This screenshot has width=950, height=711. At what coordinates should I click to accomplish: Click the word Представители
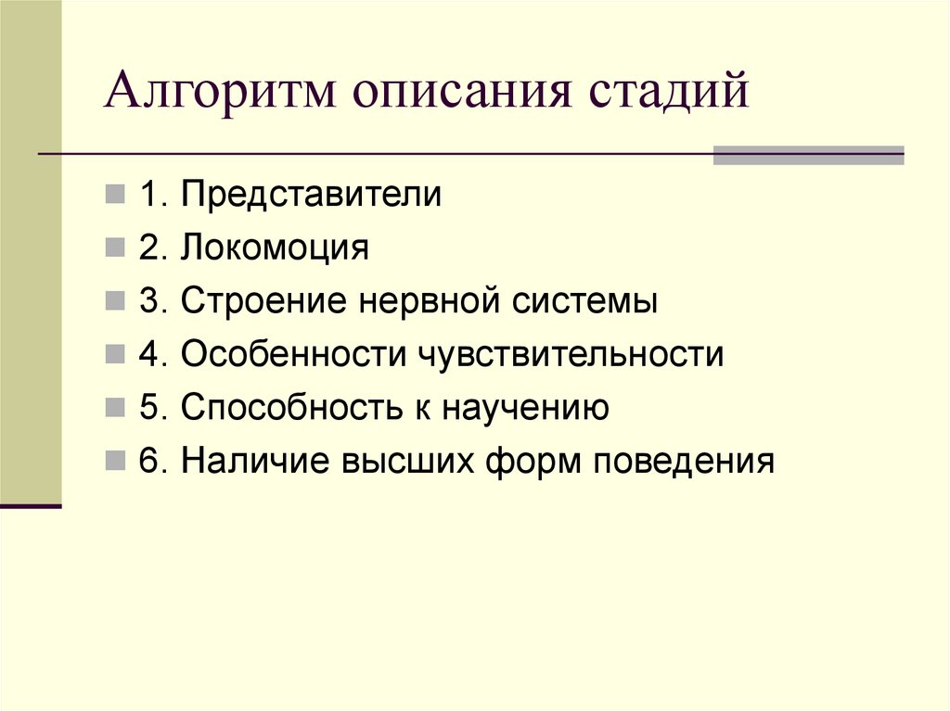(311, 196)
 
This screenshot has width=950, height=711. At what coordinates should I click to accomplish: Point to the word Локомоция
(276, 248)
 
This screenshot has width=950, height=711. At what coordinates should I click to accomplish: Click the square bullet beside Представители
(114, 197)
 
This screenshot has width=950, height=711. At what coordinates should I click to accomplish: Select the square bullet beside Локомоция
(114, 249)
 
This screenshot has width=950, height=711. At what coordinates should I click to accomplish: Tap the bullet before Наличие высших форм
(114, 461)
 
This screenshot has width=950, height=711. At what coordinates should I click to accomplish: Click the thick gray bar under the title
(808, 155)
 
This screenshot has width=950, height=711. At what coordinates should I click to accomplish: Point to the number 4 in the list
(148, 355)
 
